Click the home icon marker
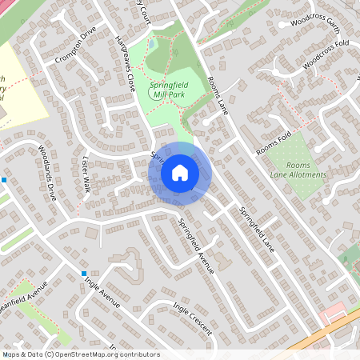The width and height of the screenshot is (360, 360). [179, 172]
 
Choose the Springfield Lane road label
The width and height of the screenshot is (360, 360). [256, 230]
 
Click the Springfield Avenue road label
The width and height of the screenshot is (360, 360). [196, 246]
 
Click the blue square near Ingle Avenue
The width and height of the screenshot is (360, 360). [84, 274]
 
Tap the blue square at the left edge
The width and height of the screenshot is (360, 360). [3, 179]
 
